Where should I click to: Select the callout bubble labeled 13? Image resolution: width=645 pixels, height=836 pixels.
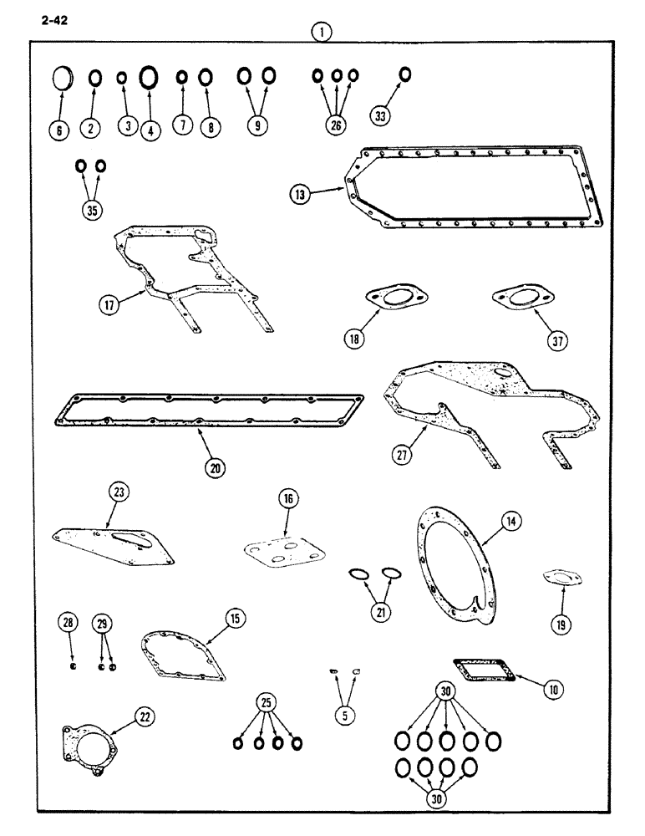pyautogui.click(x=301, y=194)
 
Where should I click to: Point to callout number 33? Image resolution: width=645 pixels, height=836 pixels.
pyautogui.click(x=381, y=116)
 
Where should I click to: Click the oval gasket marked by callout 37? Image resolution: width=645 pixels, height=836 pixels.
pyautogui.click(x=516, y=298)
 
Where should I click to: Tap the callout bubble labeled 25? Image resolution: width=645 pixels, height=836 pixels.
pyautogui.click(x=267, y=704)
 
